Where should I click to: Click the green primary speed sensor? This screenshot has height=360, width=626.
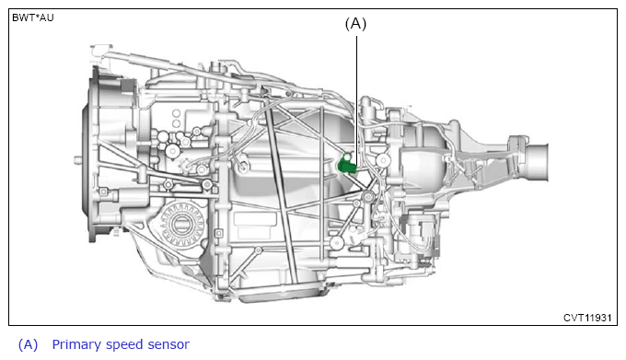click(x=346, y=166)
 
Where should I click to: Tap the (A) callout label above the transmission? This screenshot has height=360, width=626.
click(x=355, y=24)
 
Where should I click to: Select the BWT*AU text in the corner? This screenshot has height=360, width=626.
click(x=33, y=18)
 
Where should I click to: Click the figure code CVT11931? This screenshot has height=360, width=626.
click(x=587, y=318)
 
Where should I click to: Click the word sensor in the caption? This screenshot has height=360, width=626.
click(x=168, y=345)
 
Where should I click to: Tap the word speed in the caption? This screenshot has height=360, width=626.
click(x=123, y=345)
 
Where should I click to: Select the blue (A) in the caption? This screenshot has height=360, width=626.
click(x=28, y=345)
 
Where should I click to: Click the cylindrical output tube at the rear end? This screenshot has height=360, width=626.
click(x=536, y=163)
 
